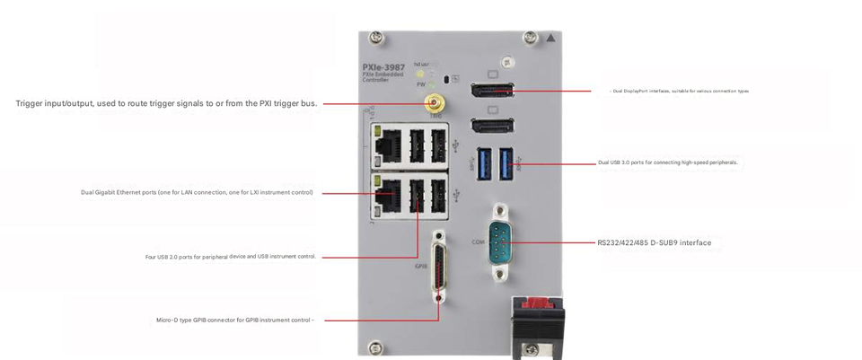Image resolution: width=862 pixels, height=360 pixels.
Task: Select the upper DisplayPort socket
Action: coord(492,91)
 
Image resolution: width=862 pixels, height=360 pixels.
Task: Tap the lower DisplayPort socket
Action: coord(492,127)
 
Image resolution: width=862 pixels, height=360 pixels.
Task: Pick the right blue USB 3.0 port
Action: coord(506,162)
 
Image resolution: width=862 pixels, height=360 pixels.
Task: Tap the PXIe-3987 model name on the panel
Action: coord(383,66)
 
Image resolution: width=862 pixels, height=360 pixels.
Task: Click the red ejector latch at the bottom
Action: coord(537,305)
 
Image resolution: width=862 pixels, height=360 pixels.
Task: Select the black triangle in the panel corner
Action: coord(550,39)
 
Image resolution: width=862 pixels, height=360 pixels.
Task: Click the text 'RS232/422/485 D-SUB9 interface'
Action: coord(654,242)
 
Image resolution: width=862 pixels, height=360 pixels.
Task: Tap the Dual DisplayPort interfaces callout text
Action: coord(680,91)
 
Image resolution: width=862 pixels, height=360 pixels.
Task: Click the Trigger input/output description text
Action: coord(166,103)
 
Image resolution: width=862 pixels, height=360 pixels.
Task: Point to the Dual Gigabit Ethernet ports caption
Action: coord(197,192)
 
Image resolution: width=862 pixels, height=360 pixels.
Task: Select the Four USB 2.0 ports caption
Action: coord(231,257)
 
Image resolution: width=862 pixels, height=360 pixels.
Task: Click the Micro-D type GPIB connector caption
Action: coord(234,320)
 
